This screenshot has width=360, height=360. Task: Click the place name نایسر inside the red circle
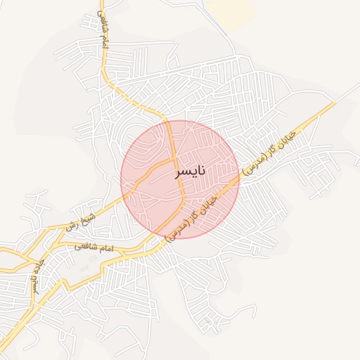pyautogui.click(x=190, y=172)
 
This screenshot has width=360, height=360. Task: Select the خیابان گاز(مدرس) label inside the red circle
pyautogui.click(x=193, y=219)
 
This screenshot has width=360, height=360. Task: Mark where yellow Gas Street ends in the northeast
pyautogui.click(x=335, y=103)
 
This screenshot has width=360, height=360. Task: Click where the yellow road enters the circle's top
pyautogui.click(x=169, y=121)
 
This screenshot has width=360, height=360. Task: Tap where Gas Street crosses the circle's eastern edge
pyautogui.click(x=238, y=171)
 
